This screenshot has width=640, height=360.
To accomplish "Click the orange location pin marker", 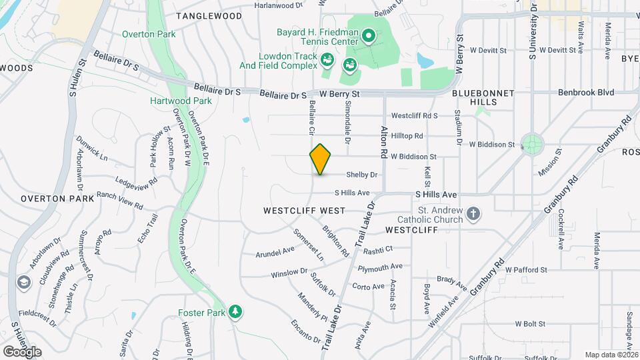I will click(320, 159).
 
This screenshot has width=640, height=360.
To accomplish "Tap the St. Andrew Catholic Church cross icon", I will click(473, 214).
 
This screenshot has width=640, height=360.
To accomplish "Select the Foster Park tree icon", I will click(235, 311).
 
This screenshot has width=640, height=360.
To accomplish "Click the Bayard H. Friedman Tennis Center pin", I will click(369, 34).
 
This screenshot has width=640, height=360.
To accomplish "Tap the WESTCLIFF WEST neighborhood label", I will click(304, 211).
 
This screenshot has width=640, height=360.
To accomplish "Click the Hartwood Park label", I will click(181, 101).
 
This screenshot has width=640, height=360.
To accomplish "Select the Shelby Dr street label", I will click(362, 175).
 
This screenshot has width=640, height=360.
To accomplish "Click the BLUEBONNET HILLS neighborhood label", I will click(475, 97).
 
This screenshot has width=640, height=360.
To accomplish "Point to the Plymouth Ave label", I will click(380, 267).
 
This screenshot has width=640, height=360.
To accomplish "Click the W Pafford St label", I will click(526, 270).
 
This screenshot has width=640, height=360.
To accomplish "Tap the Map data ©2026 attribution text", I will click(611, 355).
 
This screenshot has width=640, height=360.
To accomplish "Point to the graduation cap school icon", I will click(25, 283).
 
